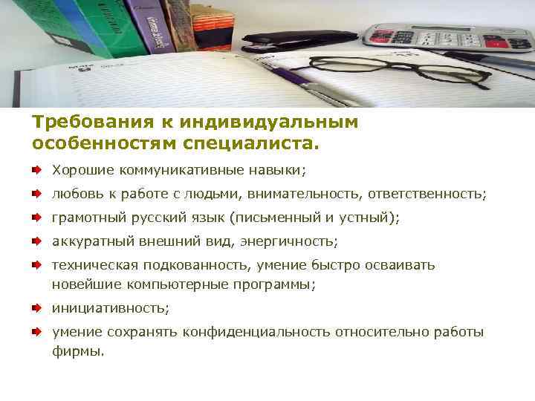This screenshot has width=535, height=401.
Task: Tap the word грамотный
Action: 84,218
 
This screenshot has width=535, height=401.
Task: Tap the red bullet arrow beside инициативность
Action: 36,307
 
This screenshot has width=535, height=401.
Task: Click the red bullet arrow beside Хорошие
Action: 36,170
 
